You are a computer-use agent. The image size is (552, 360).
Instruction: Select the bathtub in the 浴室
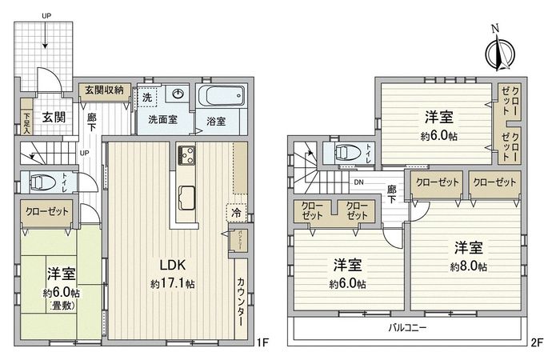coord(220,100)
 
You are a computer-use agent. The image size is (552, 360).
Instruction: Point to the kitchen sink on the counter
coord(186,194)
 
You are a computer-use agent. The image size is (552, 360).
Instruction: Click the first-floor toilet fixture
coord(45,183)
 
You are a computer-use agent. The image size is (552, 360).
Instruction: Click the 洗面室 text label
coord(162,122)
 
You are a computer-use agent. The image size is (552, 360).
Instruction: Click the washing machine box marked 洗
coord(146,97)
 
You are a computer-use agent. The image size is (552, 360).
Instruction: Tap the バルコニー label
coord(407,329)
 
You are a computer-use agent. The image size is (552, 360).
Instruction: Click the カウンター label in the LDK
coord(240,302)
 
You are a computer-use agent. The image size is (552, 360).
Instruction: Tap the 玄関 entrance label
coord(54,117)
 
